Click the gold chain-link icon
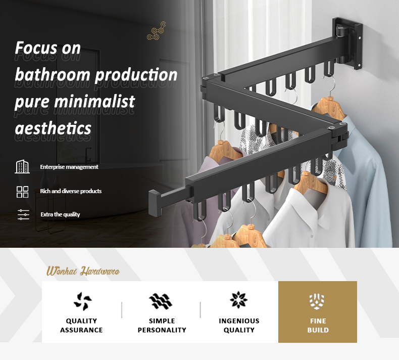point(156,31)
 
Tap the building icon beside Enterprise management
point(22,167)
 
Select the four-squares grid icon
point(22,192)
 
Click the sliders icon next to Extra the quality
point(23,214)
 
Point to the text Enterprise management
point(69,167)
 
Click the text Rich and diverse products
point(71,191)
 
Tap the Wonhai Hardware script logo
point(83,271)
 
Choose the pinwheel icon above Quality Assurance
point(82,301)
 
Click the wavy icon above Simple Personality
point(161,301)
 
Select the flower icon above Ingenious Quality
point(238,300)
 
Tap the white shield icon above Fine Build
point(317,301)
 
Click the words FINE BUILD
point(318,325)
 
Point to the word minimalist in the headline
point(94,102)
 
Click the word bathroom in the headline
point(53,75)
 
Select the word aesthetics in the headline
point(53,128)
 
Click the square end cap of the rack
point(155,203)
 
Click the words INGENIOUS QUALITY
point(239,325)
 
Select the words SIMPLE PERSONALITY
point(162,325)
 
